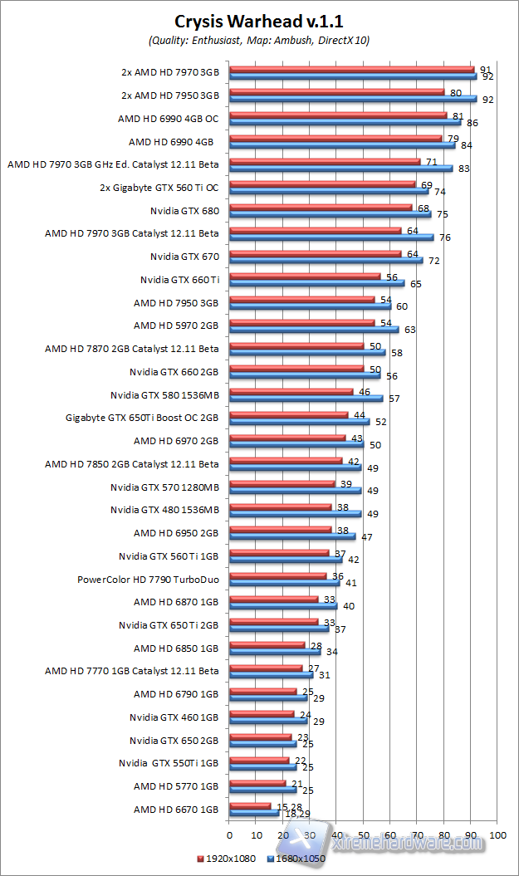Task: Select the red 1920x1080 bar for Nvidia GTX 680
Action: pos(321,208)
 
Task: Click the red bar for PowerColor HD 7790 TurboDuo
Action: pos(277,575)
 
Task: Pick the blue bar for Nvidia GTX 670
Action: pos(326,260)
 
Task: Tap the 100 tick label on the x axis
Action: pos(498,834)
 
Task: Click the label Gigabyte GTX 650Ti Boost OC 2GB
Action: pos(142,418)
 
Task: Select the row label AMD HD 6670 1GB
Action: pos(176,809)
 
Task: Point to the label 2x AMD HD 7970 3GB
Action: pos(169,72)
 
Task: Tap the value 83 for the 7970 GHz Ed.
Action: pos(464,169)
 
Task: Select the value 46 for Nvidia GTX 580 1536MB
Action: pos(364,391)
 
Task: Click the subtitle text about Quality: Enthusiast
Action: pos(260,40)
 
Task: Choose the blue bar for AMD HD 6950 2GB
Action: pos(292,536)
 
